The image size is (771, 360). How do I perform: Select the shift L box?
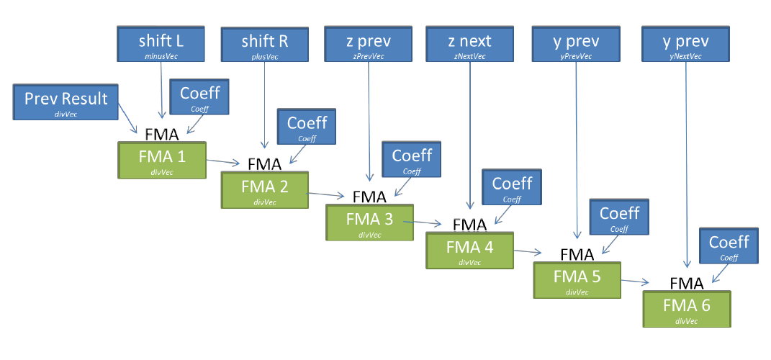(x=161, y=44)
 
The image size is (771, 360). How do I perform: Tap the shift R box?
(x=265, y=45)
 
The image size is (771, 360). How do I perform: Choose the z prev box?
(x=368, y=44)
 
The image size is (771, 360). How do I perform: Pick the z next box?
(x=469, y=44)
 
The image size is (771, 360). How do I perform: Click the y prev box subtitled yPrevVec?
(x=577, y=44)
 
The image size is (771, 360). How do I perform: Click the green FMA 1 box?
(x=162, y=160)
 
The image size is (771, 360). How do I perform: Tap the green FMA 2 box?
(x=264, y=190)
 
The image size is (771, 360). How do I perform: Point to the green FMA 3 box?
(x=369, y=222)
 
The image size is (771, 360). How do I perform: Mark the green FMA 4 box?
(x=469, y=250)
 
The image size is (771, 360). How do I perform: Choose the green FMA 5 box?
(x=577, y=280)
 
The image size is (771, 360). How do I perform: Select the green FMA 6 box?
(x=687, y=309)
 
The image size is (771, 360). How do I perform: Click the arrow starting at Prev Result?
(x=128, y=119)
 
